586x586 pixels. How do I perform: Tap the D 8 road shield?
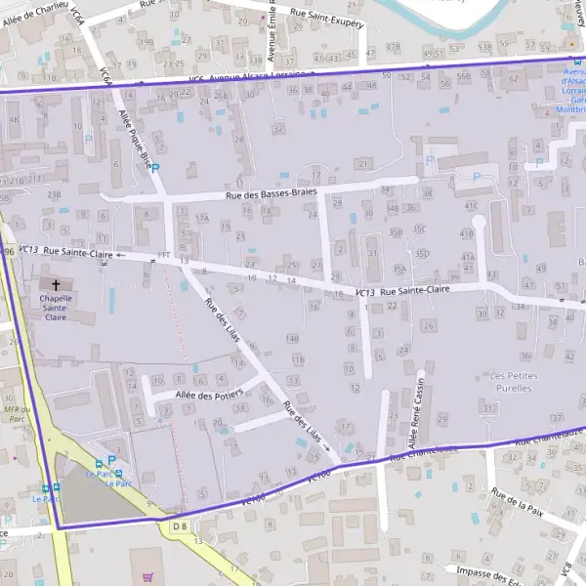[x=179, y=527]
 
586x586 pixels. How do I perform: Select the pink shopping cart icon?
[x=147, y=576]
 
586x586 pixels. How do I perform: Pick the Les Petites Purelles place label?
[x=512, y=381]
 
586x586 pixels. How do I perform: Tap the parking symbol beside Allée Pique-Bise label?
[x=154, y=168]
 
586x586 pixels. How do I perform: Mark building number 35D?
[x=421, y=253]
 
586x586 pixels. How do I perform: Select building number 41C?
[x=472, y=206]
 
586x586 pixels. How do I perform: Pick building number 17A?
[x=201, y=218]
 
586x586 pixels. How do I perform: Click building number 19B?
[x=146, y=42]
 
